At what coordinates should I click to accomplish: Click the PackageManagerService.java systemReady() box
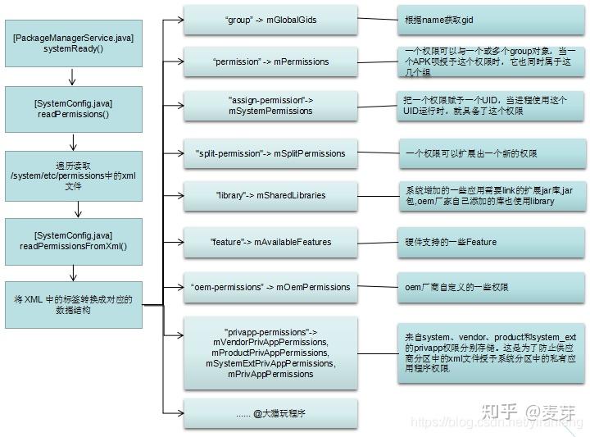73,43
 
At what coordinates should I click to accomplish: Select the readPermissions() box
73,109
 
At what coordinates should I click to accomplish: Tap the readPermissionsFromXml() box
73,240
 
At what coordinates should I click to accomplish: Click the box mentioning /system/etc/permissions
73,175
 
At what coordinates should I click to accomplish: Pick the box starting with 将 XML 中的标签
73,305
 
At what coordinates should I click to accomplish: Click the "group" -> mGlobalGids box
270,19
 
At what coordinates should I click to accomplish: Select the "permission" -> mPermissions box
270,61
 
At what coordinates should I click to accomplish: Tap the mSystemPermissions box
270,106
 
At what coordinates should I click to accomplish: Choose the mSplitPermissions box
270,153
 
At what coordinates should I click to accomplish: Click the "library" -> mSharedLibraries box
270,196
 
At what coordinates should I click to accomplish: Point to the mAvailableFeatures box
270,242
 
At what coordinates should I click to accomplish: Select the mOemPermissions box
270,287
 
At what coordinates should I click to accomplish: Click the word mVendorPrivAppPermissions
270,342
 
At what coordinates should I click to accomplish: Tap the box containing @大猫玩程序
270,415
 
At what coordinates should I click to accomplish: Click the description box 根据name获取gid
488,19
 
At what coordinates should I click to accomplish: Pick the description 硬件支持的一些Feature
488,242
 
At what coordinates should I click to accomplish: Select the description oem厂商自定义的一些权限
488,287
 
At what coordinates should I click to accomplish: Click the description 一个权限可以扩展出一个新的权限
488,153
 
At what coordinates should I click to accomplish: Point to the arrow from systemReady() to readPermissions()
73,77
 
